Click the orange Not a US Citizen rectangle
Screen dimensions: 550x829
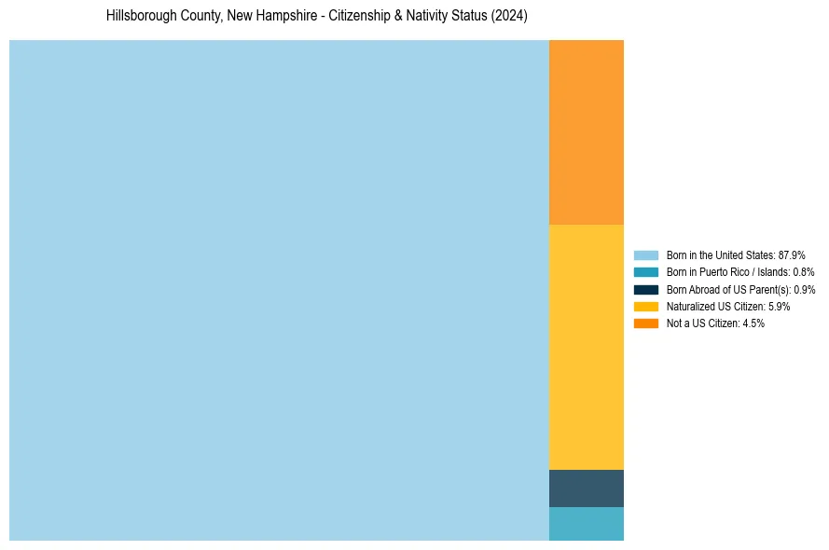(586, 132)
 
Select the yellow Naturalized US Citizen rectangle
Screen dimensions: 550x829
(586, 347)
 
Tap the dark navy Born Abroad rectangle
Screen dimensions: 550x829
(586, 488)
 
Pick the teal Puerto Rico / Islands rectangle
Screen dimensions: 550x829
(586, 524)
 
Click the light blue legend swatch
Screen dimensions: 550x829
(645, 255)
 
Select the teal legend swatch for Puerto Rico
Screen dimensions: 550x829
(645, 272)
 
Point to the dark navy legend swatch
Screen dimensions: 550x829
(645, 289)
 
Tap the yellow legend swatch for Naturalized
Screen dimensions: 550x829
(645, 306)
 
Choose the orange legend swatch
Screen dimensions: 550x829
(645, 323)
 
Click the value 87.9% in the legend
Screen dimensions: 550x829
(792, 255)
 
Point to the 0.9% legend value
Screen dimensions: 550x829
(805, 289)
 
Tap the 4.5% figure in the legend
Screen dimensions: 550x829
(753, 323)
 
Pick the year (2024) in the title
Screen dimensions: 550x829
(511, 17)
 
